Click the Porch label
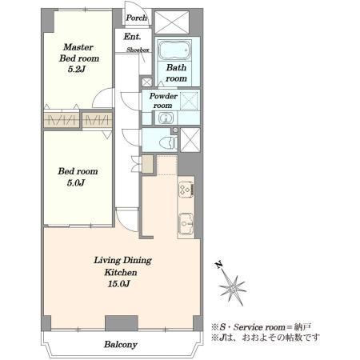pos(136,18)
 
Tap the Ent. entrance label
pos(132,36)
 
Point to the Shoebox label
pos(138,50)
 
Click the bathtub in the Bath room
pos(174,50)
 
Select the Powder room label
pos(163,100)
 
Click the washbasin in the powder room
pos(166,118)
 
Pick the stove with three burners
pos(186,190)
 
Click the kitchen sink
pos(186,223)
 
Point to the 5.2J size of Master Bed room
pos(77,70)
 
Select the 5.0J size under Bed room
pos(76,183)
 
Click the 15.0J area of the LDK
pos(119,284)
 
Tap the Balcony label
pos(121,344)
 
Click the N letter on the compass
pos(218,265)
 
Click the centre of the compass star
pos(233,288)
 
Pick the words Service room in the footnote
pos(259,327)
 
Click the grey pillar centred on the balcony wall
pos(122,323)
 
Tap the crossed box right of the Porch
pos(172,22)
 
